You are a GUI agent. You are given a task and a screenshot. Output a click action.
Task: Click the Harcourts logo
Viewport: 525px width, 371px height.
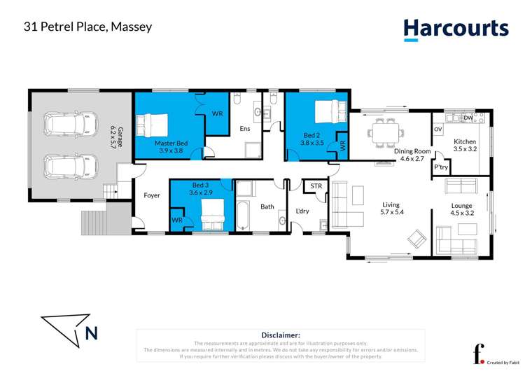(455, 29)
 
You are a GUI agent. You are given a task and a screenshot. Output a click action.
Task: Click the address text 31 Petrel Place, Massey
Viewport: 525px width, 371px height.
(87, 27)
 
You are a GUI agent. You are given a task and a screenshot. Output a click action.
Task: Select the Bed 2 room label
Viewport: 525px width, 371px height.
(312, 138)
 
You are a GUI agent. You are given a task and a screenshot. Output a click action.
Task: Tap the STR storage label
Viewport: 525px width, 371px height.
(316, 187)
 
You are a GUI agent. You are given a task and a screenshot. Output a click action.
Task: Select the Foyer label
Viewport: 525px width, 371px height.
(152, 195)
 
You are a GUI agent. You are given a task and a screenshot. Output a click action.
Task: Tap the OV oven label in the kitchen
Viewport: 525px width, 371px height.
(438, 130)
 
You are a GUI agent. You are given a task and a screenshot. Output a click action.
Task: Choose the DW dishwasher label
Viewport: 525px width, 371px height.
(468, 118)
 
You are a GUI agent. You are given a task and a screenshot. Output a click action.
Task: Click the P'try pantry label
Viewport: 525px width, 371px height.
(441, 168)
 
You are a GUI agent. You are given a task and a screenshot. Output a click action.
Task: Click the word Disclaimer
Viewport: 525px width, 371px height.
(281, 335)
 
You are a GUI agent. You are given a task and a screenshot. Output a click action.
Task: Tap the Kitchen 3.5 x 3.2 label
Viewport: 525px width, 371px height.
(465, 146)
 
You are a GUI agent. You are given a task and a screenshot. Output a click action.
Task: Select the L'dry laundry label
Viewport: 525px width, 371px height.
(302, 211)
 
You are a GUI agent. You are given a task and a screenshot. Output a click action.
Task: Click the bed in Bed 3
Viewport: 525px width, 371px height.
(213, 213)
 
